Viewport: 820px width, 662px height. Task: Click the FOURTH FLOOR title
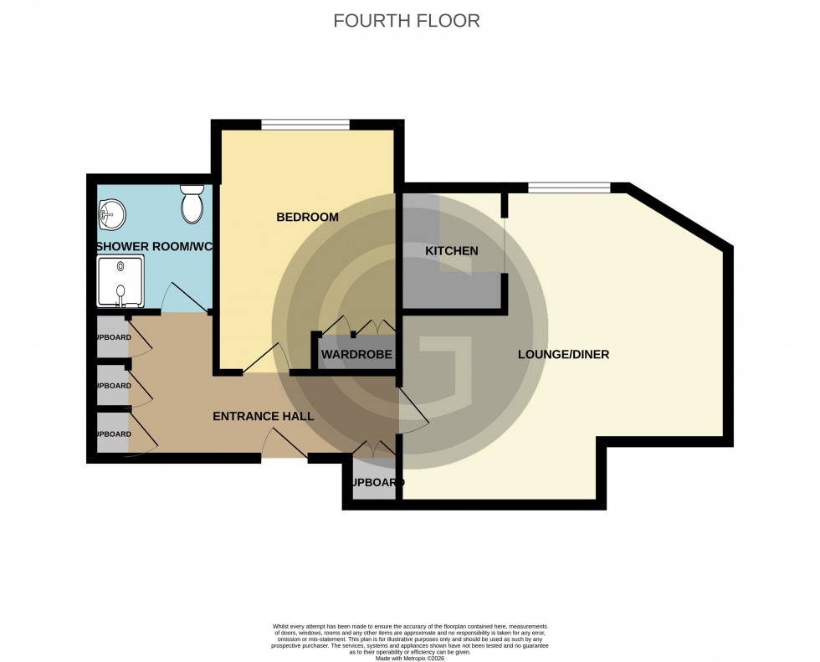pyautogui.click(x=407, y=21)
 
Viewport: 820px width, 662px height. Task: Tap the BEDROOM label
pyautogui.click(x=307, y=218)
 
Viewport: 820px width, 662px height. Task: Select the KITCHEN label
pyautogui.click(x=451, y=251)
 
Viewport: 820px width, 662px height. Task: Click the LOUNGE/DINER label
pyautogui.click(x=563, y=355)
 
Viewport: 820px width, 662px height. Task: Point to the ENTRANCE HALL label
pyautogui.click(x=263, y=416)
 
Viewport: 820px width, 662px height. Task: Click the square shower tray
pyautogui.click(x=122, y=281)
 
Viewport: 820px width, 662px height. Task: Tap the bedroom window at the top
pyautogui.click(x=305, y=126)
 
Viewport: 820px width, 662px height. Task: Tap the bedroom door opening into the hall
pyautogui.click(x=268, y=360)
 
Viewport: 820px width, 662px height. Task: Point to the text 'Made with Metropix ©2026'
pyautogui.click(x=409, y=659)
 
